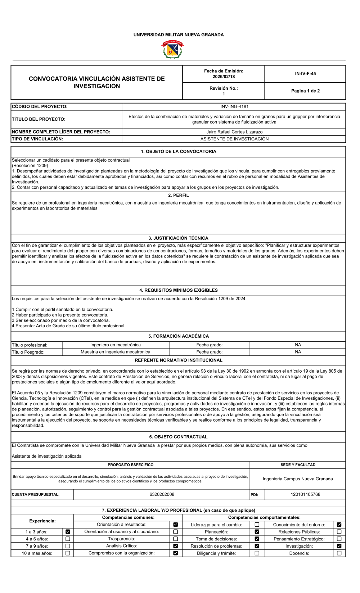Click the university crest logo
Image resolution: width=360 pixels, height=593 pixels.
point(172,49)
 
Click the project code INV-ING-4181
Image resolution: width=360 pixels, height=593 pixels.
point(234,107)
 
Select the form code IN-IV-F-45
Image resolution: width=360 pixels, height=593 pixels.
point(305,73)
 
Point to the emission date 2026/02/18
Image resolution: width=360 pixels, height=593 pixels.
point(224,76)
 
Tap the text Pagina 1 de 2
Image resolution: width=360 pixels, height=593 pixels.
point(305,91)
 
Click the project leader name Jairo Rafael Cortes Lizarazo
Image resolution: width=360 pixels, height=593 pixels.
point(234,132)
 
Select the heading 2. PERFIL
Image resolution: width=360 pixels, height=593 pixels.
point(178,195)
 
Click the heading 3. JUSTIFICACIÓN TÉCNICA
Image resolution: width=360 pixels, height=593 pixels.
point(178,238)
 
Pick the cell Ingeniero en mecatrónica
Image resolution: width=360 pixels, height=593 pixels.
point(116,345)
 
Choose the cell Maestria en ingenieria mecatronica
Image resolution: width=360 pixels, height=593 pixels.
point(116,352)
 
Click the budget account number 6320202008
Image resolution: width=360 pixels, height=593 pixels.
point(162,494)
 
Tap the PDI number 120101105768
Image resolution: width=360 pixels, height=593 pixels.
point(305,494)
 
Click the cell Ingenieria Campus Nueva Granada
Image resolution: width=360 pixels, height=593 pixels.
point(298,479)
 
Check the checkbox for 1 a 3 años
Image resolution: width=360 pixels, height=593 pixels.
point(68,532)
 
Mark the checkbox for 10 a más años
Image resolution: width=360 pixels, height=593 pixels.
point(68,553)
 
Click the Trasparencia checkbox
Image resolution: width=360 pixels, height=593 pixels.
point(176,539)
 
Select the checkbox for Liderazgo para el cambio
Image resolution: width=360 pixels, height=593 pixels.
point(257,525)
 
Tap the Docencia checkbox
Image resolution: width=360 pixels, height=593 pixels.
point(339,553)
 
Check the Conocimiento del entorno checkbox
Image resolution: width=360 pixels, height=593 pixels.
point(339,525)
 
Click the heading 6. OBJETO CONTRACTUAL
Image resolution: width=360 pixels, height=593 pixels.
point(178,437)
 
